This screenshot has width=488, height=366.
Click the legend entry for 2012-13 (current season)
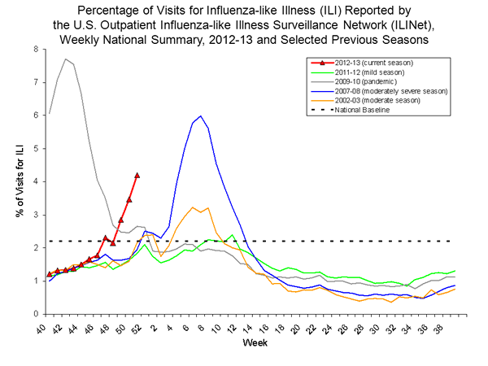click(363, 63)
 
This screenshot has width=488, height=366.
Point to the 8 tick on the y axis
click(36, 49)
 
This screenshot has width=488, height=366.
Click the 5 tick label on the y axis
click(36, 148)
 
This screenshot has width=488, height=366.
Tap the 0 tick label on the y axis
click(36, 314)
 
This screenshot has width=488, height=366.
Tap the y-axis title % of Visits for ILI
click(14, 181)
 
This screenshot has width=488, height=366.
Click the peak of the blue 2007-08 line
click(200, 115)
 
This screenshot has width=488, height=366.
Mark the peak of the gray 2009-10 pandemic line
click(65, 59)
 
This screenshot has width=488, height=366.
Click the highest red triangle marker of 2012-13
click(137, 175)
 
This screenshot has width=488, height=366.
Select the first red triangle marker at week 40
click(50, 274)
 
